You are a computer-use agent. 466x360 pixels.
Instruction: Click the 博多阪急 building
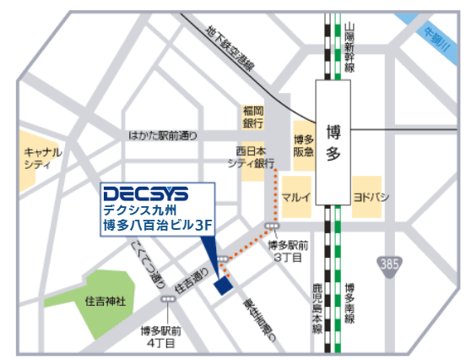(x=302, y=149)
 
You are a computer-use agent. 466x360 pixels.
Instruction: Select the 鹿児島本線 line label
(x=317, y=311)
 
